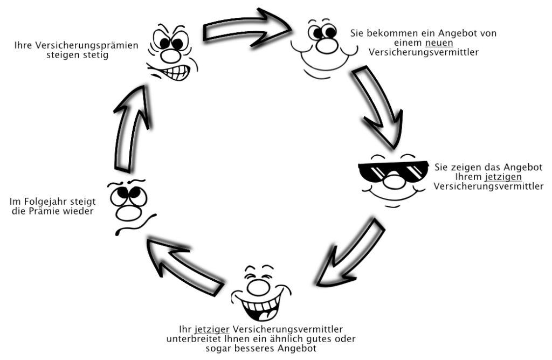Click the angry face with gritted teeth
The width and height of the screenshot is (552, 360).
point(172,53)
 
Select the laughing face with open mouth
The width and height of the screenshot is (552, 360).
point(261,293)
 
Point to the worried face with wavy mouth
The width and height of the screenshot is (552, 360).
point(131,207)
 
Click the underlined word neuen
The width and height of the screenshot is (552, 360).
point(439,43)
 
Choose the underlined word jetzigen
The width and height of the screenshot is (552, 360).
point(503,177)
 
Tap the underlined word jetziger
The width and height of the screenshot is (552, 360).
point(211,330)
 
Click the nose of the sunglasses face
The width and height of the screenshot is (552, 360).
point(392,180)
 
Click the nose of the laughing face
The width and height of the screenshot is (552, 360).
point(259,287)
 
